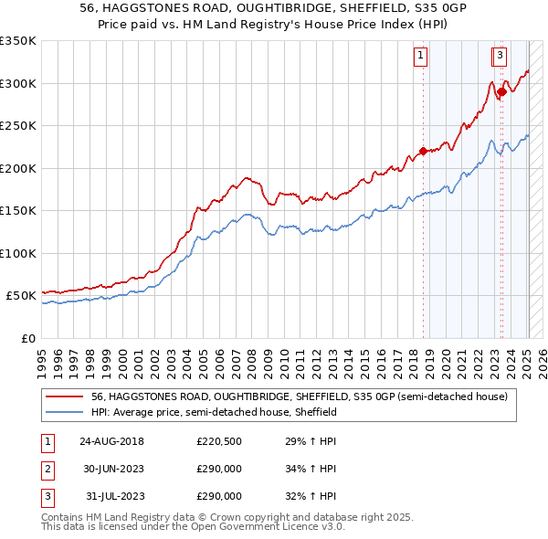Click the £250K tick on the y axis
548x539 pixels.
(x=18, y=126)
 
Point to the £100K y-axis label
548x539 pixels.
(x=18, y=253)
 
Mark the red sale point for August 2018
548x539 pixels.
(x=423, y=152)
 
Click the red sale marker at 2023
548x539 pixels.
(x=501, y=92)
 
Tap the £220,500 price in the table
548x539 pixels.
(x=219, y=442)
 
